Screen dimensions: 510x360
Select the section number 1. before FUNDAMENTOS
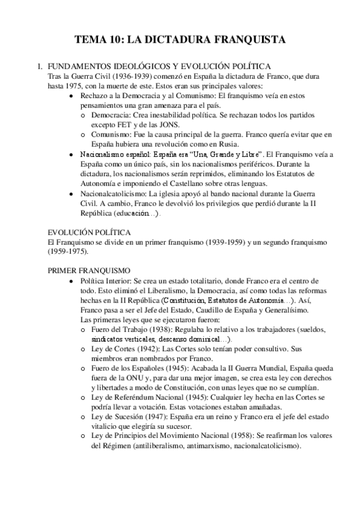(x=40, y=66)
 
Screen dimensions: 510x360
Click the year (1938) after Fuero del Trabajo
(x=159, y=329)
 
